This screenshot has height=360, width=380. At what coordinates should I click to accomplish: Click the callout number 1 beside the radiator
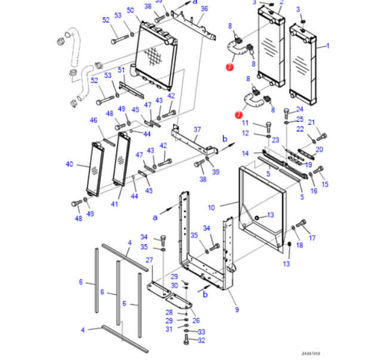pos(328,45)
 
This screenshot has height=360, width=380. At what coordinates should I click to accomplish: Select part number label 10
pos(211,208)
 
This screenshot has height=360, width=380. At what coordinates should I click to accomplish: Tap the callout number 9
pos(237,309)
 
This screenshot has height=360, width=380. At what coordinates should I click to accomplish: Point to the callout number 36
pos(204,8)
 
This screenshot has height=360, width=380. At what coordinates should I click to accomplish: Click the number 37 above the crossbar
pos(197,130)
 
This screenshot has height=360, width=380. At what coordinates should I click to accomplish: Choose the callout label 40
pos(69,164)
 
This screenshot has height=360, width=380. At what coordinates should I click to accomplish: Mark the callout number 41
pos(115,205)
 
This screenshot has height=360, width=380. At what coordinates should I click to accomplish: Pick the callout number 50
pos(130,11)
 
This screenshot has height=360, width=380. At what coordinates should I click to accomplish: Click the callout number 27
pos(150,260)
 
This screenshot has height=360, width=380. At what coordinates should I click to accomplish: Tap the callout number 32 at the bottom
pos(201,340)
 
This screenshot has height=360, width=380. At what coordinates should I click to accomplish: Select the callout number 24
pos(300,109)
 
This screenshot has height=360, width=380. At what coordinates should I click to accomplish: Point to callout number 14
pos(245,153)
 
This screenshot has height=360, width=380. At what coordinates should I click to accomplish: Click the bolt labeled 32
pos(187,340)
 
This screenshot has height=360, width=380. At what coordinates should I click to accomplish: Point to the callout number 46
pos(94,121)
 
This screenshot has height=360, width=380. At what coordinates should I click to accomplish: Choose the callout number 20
pos(319,149)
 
